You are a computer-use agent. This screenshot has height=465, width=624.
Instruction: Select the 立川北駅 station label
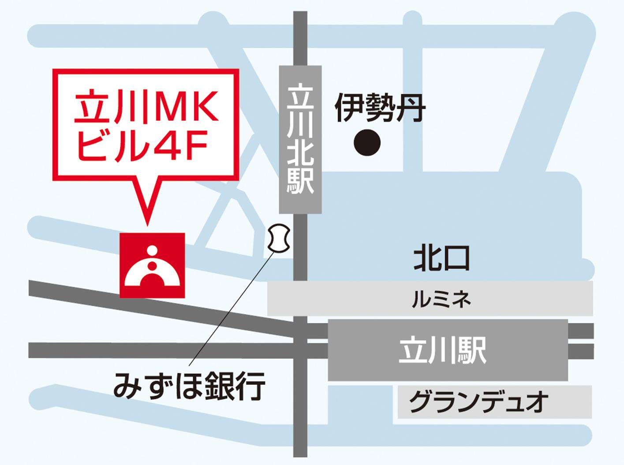tap(300, 139)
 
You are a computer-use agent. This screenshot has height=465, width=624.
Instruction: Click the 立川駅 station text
tap(442, 350)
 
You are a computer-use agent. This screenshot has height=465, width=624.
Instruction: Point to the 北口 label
tap(441, 259)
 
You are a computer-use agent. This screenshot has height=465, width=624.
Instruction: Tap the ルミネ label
tap(441, 300)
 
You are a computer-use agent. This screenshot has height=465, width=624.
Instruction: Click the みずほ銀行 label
tap(190, 386)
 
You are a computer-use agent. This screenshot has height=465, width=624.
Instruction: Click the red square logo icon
tap(152, 265)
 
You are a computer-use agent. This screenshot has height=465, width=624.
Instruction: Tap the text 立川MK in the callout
tap(146, 107)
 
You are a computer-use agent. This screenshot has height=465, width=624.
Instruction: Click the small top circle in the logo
tap(152, 250)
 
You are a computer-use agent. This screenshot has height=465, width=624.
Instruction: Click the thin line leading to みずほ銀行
tap(229, 309)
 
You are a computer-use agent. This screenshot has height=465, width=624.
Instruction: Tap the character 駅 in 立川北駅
tap(300, 181)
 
